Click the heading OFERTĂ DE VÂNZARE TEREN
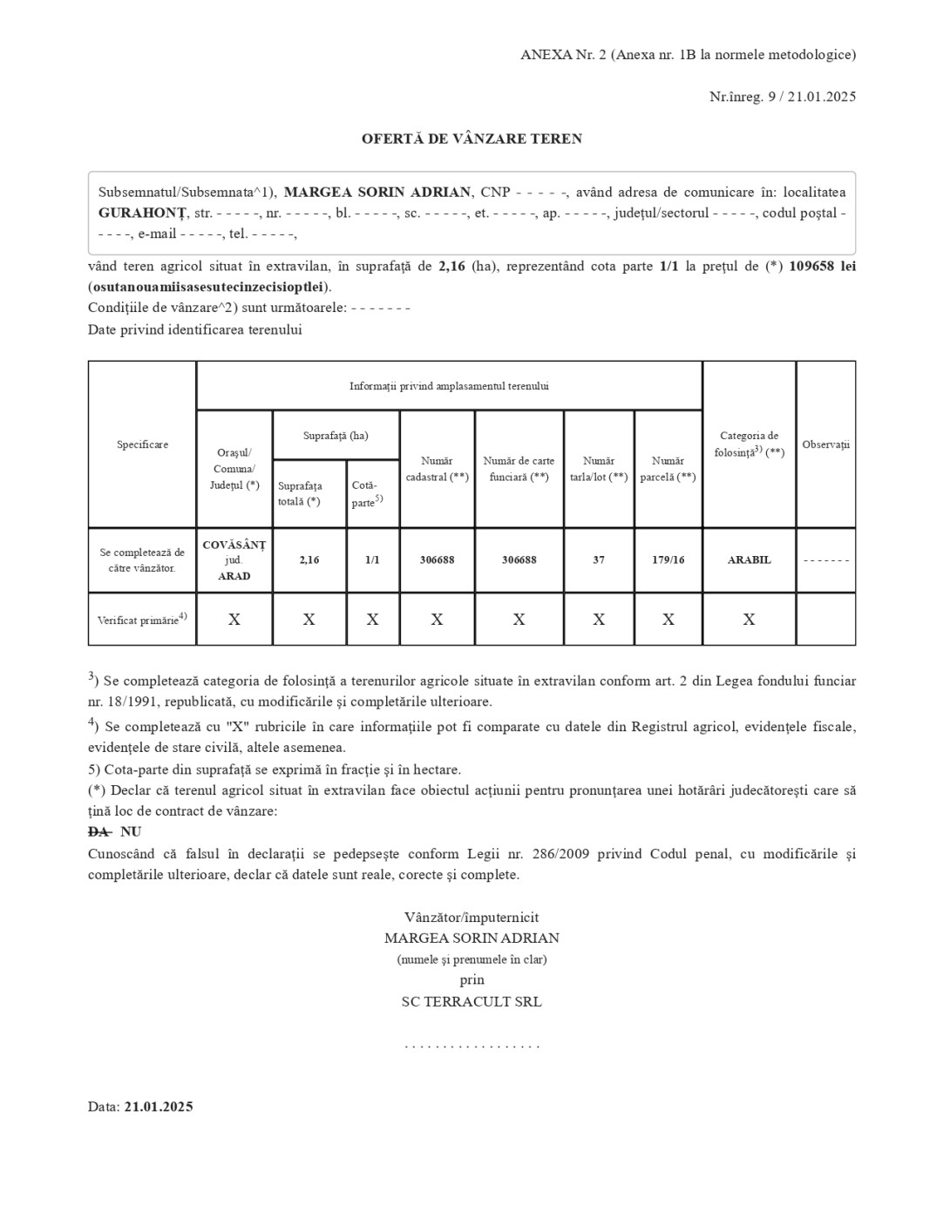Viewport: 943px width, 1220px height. click(471, 139)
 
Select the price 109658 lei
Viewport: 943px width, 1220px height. click(822, 267)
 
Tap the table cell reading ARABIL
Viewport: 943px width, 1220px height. click(749, 560)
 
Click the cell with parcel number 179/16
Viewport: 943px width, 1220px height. click(668, 560)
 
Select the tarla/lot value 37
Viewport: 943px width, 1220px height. click(599, 560)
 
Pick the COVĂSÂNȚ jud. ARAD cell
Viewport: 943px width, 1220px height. click(234, 560)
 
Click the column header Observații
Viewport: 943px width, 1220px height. click(825, 444)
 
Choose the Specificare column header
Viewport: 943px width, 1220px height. click(142, 444)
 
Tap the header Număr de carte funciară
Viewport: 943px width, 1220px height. click(519, 469)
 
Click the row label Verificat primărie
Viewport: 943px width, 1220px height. click(142, 620)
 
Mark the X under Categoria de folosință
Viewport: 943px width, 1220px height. click(749, 620)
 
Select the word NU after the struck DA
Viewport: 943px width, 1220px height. click(131, 832)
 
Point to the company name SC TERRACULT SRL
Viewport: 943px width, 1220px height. click(471, 1002)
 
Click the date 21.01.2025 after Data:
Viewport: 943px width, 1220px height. click(159, 1107)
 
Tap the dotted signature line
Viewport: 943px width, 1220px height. click(471, 1045)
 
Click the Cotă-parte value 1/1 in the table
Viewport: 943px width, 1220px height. click(372, 560)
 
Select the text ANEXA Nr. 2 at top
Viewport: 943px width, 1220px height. click(563, 55)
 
